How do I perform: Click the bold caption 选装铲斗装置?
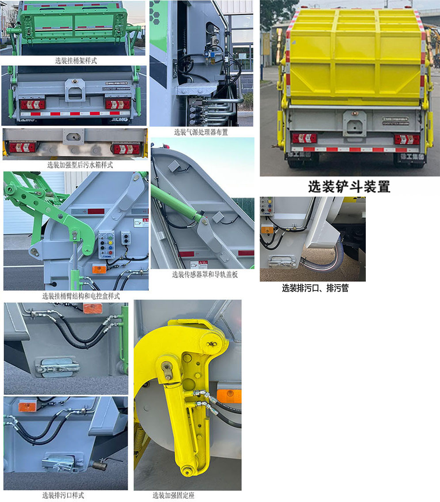click(349, 187)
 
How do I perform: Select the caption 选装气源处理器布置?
click(201, 132)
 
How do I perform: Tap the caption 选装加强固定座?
click(174, 495)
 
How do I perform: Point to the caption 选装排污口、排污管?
click(315, 289)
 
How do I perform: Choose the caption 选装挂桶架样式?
click(76, 61)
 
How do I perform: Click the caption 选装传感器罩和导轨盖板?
click(205, 274)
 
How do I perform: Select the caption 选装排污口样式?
click(63, 495)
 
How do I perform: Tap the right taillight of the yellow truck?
click(407, 139)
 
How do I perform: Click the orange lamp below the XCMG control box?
click(99, 269)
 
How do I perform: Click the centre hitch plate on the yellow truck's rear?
click(354, 123)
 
